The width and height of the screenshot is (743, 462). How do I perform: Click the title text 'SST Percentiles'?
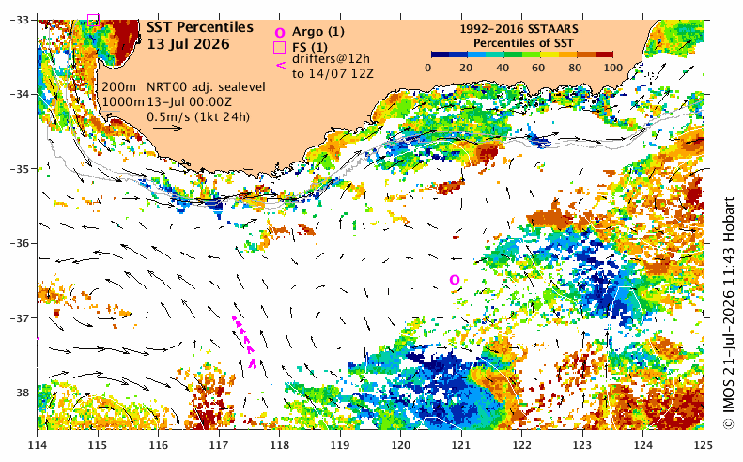(199, 27)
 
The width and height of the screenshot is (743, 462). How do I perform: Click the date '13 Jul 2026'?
(188, 44)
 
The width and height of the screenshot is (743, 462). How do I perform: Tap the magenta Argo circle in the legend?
(280, 33)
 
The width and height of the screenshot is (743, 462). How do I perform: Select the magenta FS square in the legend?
(280, 47)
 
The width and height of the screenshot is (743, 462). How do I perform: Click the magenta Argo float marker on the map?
(455, 280)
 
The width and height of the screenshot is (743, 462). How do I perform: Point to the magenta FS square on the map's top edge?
(93, 20)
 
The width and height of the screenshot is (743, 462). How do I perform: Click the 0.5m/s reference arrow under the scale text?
(168, 128)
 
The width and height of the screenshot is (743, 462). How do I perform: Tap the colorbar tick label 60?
(538, 68)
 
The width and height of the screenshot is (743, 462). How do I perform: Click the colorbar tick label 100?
(613, 68)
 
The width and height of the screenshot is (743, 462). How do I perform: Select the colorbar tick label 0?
(428, 68)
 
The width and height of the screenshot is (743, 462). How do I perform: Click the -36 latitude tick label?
(20, 243)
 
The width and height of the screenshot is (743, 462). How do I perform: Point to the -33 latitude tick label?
(20, 20)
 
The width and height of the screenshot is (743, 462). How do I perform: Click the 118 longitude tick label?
(280, 444)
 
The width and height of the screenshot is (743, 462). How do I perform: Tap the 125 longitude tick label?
(704, 444)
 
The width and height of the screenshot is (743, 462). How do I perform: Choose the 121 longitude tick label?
(461, 444)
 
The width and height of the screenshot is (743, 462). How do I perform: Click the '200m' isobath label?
(119, 87)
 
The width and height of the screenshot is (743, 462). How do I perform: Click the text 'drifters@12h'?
(331, 59)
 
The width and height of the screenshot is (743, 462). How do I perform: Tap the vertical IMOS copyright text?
(729, 314)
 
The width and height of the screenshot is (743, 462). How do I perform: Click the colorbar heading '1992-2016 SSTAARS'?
(519, 29)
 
